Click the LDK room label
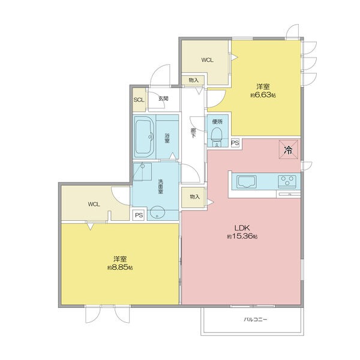click(x=242, y=228)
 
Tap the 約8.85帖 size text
click(x=120, y=268)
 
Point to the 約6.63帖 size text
click(x=263, y=95)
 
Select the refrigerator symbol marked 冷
click(x=289, y=149)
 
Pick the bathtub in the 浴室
click(x=144, y=136)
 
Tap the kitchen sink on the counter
click(x=247, y=182)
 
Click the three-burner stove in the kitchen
click(x=287, y=180)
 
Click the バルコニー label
click(x=256, y=319)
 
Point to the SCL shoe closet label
click(x=139, y=100)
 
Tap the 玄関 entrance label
click(x=163, y=99)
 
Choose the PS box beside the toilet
click(x=235, y=143)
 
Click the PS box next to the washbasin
click(x=139, y=215)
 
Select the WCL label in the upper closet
click(x=208, y=60)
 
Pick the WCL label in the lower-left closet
click(x=94, y=204)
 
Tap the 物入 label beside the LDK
click(x=194, y=197)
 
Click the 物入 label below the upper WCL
click(x=194, y=80)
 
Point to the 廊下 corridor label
click(x=194, y=133)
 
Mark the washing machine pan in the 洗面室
click(x=143, y=172)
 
